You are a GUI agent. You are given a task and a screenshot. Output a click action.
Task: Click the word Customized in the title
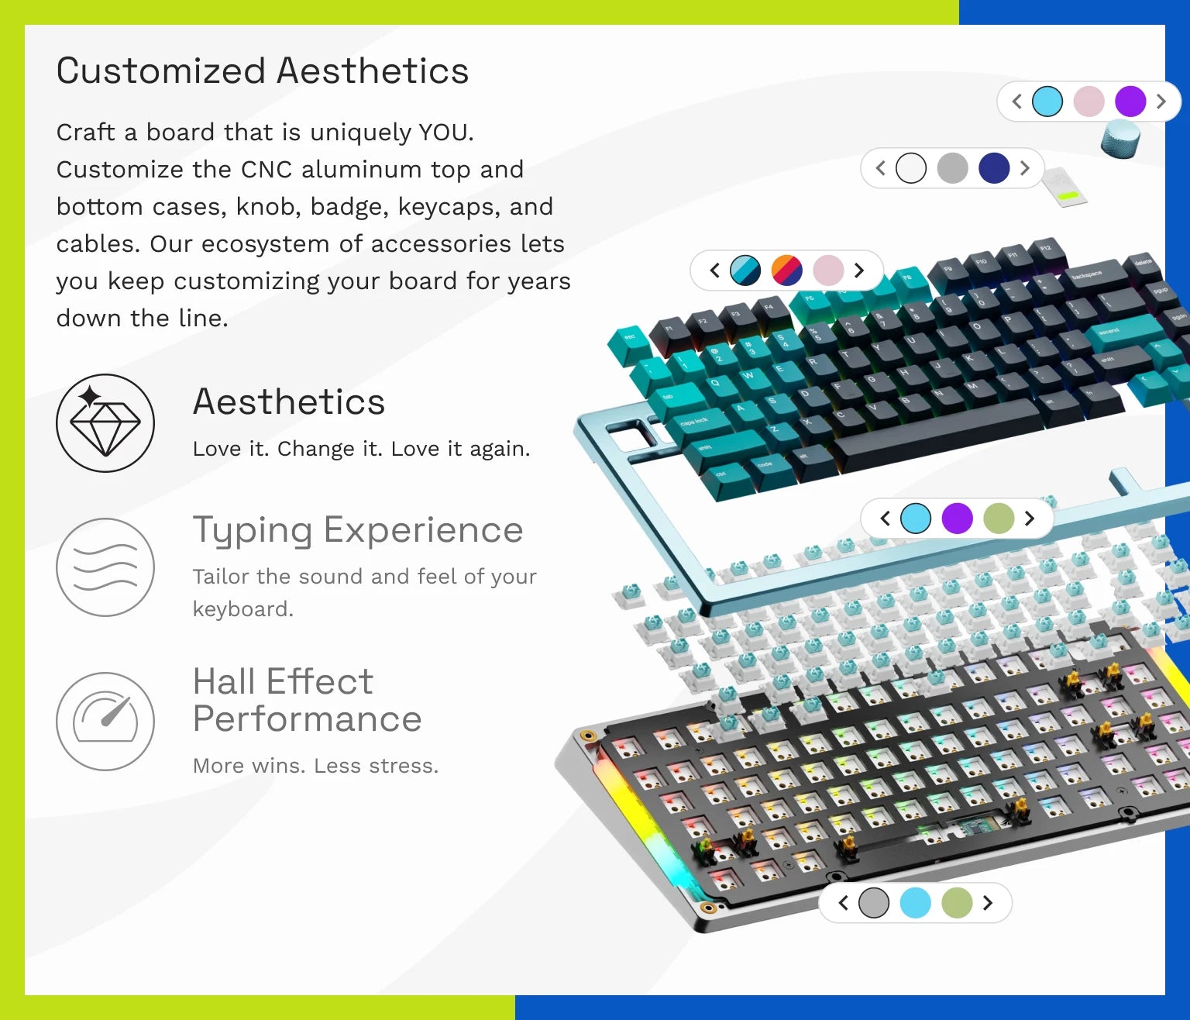click(161, 71)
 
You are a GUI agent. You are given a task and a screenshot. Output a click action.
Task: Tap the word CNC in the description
click(266, 170)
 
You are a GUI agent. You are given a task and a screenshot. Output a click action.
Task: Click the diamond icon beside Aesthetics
click(105, 423)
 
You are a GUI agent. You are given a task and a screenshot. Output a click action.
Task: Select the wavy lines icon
click(105, 567)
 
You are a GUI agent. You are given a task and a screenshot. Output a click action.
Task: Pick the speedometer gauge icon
click(105, 721)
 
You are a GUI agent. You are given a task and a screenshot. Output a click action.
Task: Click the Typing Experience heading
click(358, 530)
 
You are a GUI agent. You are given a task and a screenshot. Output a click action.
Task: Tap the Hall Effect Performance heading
click(308, 700)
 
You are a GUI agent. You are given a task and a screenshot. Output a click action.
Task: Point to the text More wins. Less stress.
click(315, 766)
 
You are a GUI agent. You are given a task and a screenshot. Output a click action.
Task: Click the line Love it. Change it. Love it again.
click(362, 450)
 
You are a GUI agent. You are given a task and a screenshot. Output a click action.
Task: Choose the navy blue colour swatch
click(994, 168)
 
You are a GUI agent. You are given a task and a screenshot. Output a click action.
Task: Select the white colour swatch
click(911, 168)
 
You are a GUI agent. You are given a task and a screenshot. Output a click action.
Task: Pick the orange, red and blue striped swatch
click(787, 271)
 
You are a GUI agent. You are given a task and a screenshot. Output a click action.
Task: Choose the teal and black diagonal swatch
click(745, 271)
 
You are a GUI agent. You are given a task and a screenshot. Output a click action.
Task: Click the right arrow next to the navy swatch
click(1025, 168)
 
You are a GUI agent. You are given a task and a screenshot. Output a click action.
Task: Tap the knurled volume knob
click(1120, 140)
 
